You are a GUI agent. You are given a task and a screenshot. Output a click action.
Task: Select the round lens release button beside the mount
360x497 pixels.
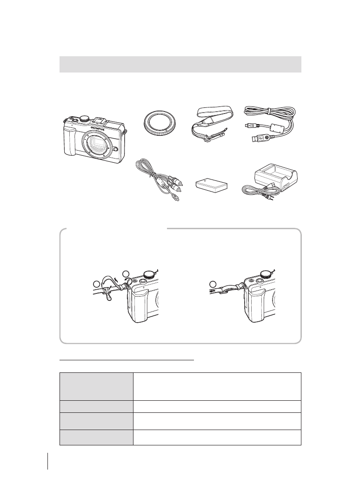[x=115, y=150]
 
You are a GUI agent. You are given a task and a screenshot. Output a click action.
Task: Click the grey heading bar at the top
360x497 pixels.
[x=180, y=64]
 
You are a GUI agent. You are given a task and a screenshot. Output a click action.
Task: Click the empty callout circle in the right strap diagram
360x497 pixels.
[x=213, y=283]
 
